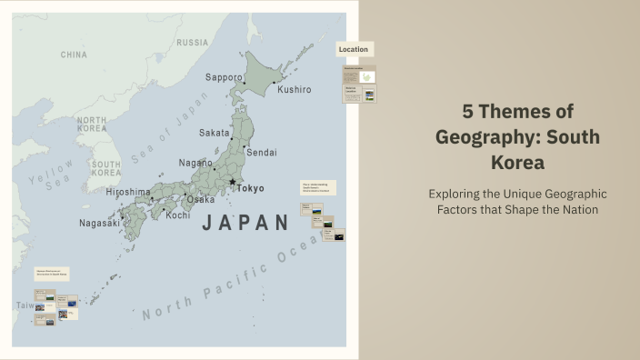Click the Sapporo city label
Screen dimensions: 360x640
(224, 77)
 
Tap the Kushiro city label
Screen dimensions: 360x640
(294, 90)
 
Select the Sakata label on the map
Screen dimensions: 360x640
(215, 133)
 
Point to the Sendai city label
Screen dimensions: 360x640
(262, 152)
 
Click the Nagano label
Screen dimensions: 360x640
(195, 163)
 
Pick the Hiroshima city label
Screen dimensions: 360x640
(127, 192)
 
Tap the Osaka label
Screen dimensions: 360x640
(201, 199)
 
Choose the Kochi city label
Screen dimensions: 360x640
(178, 215)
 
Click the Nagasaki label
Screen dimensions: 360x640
(99, 223)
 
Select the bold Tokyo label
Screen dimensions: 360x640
(250, 188)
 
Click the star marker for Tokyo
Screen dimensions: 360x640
(233, 183)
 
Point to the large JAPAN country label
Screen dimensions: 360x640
(245, 223)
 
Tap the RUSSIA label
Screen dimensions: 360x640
(192, 43)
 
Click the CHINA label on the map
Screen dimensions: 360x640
(74, 55)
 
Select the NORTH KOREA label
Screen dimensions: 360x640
(92, 125)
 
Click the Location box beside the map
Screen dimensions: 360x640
(354, 49)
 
